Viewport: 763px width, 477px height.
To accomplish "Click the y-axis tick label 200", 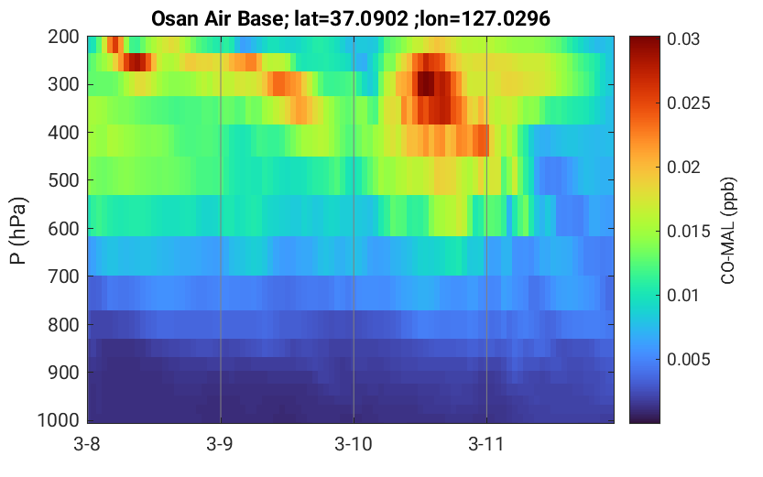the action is tap(63, 37).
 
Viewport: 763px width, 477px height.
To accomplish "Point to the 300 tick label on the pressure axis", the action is tap(63, 84).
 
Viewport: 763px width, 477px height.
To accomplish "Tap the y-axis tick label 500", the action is tap(63, 180).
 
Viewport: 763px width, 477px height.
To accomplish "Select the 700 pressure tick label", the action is tap(63, 276).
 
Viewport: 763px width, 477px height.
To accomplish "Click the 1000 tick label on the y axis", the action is tap(59, 420).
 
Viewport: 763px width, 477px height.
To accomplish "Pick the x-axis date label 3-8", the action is tap(87, 444).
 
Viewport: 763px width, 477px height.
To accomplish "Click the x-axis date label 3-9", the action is tap(220, 444).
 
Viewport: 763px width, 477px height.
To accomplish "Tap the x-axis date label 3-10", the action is tap(354, 444).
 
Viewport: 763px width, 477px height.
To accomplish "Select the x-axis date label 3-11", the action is tap(486, 444).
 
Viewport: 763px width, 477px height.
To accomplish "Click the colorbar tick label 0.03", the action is tap(683, 38).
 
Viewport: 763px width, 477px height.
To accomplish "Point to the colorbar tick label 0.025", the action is tap(689, 103).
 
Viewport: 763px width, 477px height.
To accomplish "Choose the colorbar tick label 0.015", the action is tap(689, 232).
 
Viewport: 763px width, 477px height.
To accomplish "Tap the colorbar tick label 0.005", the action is tap(689, 360).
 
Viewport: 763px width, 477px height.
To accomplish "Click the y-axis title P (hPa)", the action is tap(18, 231).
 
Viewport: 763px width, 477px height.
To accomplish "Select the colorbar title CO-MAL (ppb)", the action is tap(728, 231).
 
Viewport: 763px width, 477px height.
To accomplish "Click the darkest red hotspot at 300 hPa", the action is tap(426, 83).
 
